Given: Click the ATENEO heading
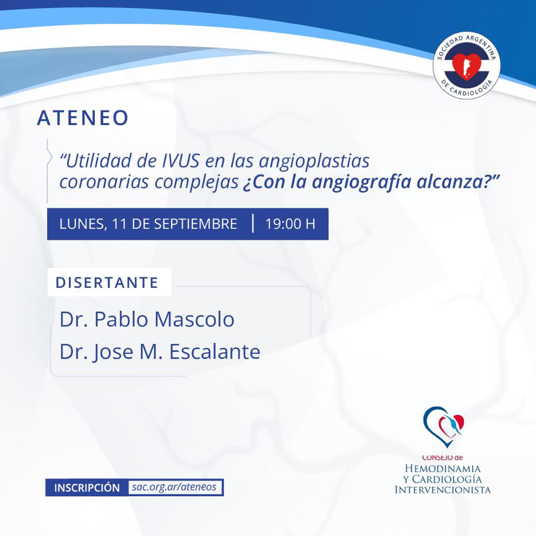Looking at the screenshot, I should click(83, 118).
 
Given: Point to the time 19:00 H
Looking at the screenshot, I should click(290, 224).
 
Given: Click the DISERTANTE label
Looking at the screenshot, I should click(107, 283).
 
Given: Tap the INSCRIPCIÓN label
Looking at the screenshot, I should click(87, 488).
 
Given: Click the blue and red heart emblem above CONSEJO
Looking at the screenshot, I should click(443, 427).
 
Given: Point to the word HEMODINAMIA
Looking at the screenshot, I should click(443, 468).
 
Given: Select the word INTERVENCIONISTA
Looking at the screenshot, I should click(443, 490).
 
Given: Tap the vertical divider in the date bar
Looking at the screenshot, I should click(253, 224).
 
